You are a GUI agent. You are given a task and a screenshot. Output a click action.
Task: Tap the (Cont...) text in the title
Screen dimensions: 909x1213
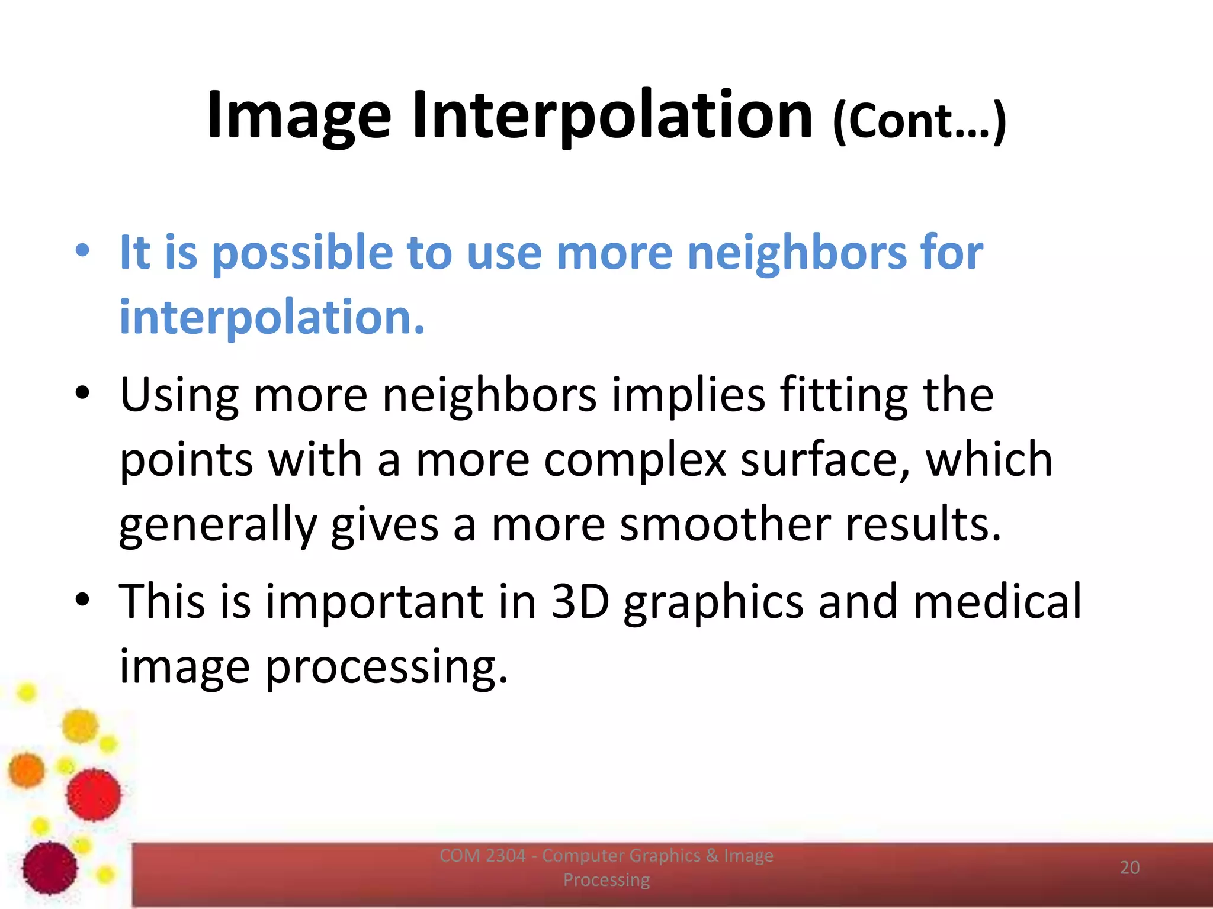pos(919,120)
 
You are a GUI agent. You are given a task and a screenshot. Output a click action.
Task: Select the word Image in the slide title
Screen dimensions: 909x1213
pos(299,115)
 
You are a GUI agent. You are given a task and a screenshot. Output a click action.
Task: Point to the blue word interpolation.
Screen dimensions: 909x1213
pos(272,317)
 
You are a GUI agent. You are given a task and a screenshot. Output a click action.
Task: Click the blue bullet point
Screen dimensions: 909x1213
pos(82,250)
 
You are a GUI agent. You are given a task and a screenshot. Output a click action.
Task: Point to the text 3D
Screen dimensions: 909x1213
pos(580,601)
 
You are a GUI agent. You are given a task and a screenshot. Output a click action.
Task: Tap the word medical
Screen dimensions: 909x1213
pos(997,601)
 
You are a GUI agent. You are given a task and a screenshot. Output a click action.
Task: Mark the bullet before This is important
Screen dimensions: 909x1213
pos(82,599)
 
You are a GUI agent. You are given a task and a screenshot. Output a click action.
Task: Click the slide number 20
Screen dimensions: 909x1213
pos(1129,868)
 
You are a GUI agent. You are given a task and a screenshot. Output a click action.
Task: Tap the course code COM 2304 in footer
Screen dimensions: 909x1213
pos(482,856)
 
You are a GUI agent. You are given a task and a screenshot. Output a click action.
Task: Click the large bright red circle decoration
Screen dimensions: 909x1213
pos(94,794)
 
